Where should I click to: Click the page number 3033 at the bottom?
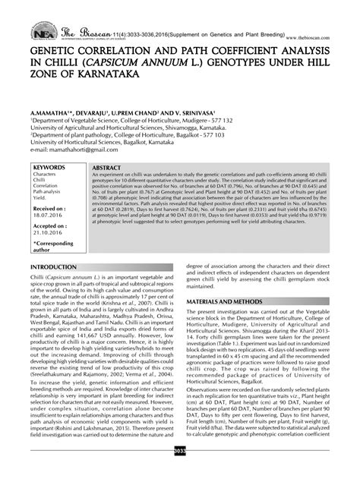tap(180, 471)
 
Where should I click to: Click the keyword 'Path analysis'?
tap(47, 192)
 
